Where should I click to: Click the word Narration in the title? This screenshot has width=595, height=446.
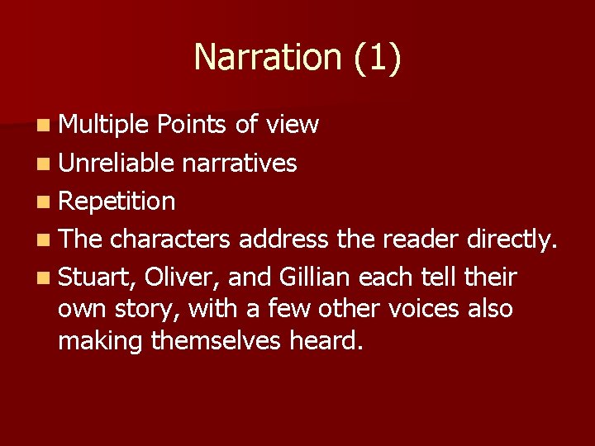click(x=267, y=58)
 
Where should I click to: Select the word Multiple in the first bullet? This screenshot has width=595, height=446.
click(x=103, y=125)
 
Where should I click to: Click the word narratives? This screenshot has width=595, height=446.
click(x=239, y=164)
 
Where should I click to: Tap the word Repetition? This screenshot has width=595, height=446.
click(x=117, y=201)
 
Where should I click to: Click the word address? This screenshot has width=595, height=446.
click(x=285, y=240)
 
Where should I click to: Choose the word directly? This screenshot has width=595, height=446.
click(x=513, y=240)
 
